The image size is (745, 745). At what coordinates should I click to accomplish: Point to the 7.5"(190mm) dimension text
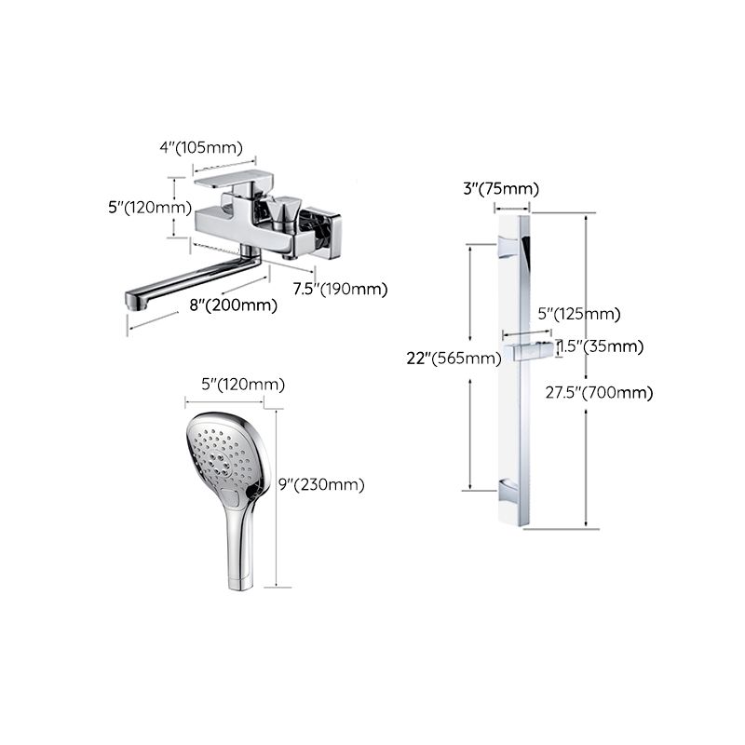coord(340,289)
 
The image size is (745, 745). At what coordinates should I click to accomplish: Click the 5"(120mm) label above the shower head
coord(230,385)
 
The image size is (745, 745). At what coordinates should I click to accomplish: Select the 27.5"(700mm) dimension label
coord(599,392)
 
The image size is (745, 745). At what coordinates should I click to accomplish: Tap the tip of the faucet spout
coord(136,301)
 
